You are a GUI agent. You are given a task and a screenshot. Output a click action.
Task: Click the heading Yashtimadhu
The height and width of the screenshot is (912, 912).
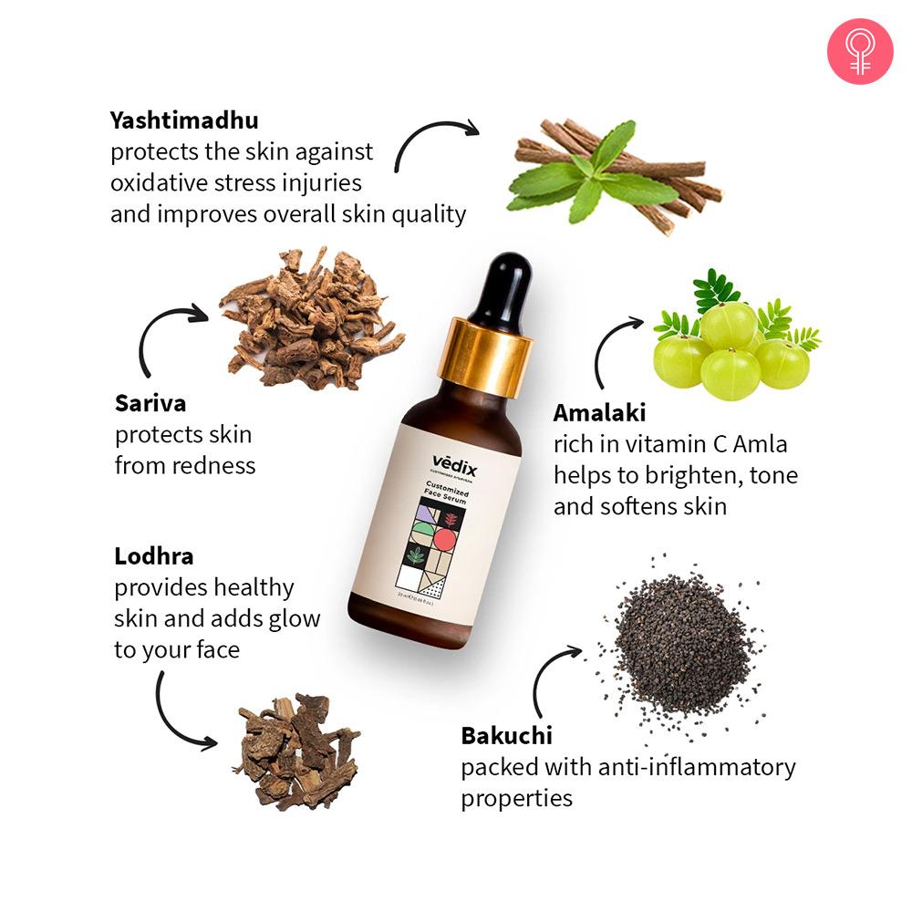(184, 120)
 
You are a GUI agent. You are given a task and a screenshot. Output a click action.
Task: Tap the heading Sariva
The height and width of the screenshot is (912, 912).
(151, 403)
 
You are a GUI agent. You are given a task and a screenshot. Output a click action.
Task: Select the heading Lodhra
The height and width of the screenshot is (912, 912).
(154, 555)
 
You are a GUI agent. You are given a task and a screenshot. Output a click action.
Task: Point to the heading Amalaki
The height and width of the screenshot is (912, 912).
(599, 413)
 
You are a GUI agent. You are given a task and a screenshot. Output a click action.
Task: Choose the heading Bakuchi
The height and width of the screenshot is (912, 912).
(506, 735)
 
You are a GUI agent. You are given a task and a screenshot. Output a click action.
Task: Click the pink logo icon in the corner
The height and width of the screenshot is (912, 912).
(859, 52)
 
